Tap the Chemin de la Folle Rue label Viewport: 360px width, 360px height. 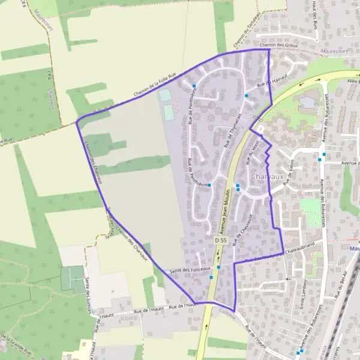(x=155, y=86)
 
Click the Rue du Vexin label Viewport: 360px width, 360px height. (x=252, y=152)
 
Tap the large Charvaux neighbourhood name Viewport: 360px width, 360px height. (x=267, y=178)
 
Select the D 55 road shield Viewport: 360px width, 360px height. (x=220, y=240)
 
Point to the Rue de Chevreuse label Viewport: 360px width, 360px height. (x=241, y=233)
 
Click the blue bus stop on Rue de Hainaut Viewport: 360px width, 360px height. (x=247, y=95)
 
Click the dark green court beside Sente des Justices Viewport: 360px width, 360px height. (x=72, y=279)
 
